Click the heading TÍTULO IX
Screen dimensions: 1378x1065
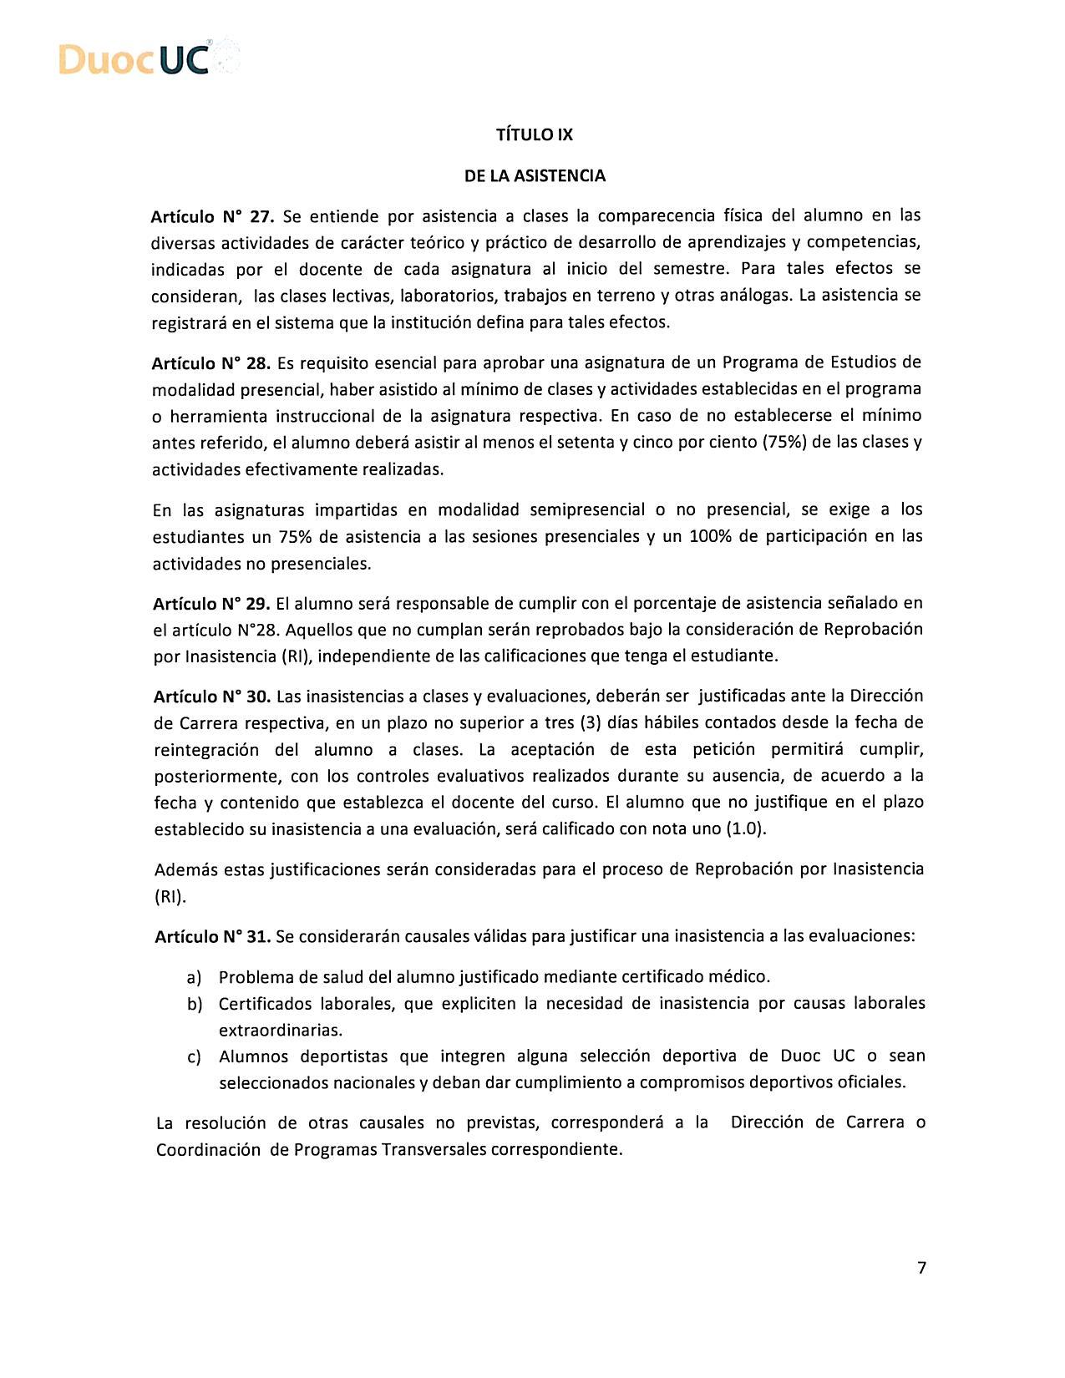(535, 134)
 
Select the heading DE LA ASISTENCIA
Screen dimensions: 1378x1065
(535, 176)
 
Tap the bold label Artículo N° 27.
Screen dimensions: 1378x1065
(212, 217)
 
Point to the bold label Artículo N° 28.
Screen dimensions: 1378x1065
(211, 363)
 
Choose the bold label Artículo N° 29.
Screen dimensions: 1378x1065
(212, 603)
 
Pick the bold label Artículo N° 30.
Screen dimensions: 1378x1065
(213, 697)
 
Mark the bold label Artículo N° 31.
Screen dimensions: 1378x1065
(213, 937)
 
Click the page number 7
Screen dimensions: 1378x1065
(921, 1268)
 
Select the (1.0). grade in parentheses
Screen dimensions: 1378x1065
(746, 829)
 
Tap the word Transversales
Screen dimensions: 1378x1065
(434, 1150)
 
